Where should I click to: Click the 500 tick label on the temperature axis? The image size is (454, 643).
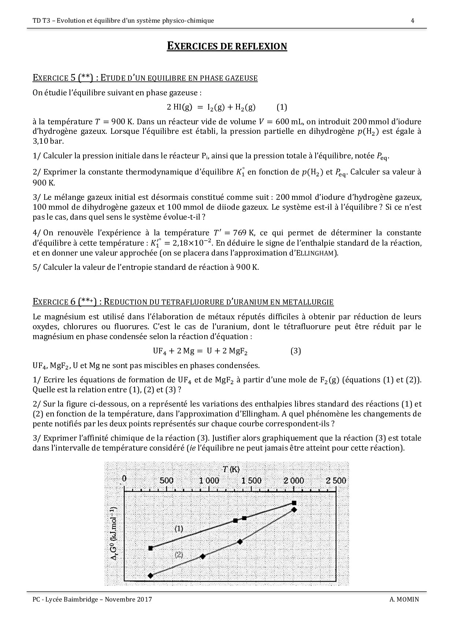tap(166, 480)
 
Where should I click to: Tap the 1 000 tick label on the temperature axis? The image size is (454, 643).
tap(208, 480)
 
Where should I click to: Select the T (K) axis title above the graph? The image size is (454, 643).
tap(231, 469)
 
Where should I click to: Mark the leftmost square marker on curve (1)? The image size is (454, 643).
tap(150, 548)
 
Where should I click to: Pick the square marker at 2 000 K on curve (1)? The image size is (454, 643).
tap(294, 503)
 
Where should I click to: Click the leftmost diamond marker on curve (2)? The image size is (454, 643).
tap(150, 576)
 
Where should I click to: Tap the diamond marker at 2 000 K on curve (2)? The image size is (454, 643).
tap(294, 509)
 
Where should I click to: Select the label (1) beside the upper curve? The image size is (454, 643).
tap(179, 529)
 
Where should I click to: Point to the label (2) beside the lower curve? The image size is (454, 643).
tap(179, 555)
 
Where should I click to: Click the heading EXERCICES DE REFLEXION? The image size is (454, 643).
tap(227, 47)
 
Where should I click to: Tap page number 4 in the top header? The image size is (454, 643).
tap(413, 21)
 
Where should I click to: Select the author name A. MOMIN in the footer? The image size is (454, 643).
tap(404, 599)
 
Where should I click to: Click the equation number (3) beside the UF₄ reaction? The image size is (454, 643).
tap(296, 351)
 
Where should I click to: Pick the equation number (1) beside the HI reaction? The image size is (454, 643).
tap(282, 107)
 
